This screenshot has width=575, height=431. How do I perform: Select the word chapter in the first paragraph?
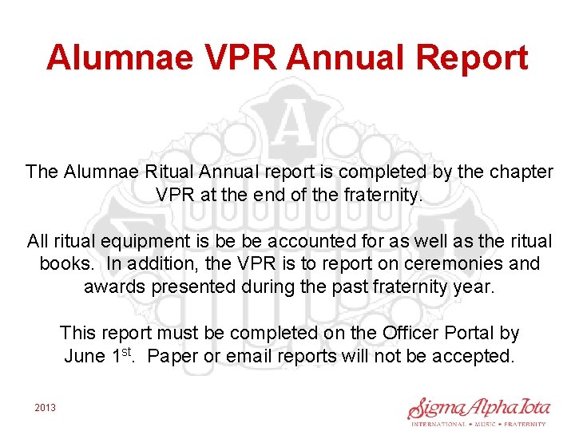click(523, 172)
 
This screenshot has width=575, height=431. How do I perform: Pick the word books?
click(62, 263)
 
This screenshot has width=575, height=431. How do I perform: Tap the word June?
click(84, 356)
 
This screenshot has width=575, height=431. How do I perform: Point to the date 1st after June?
click(122, 354)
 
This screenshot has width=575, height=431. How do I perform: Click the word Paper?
click(172, 356)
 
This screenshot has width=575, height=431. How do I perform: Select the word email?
click(248, 356)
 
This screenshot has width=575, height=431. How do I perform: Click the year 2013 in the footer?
click(46, 408)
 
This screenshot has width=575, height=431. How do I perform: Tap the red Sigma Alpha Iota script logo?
click(478, 407)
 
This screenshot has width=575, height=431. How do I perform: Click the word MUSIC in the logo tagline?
click(484, 425)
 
